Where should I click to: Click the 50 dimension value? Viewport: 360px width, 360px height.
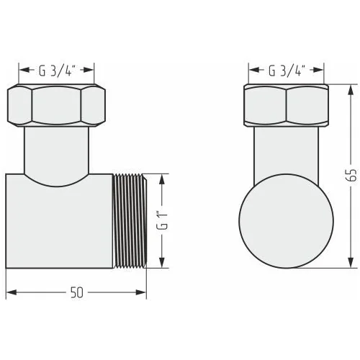[x=77, y=292]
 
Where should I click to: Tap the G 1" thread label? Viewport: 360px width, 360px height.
[x=162, y=220]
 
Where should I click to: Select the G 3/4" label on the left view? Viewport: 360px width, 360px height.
[x=55, y=70]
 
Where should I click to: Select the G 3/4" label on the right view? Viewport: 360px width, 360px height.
[x=285, y=71]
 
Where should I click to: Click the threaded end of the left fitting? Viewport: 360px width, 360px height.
[x=130, y=221]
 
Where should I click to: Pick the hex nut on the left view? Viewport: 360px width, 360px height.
[x=56, y=105]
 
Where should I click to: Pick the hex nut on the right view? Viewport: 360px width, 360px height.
[x=286, y=105]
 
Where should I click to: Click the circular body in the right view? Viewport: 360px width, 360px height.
[x=286, y=221]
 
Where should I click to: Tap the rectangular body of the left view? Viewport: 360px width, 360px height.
[x=59, y=225]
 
